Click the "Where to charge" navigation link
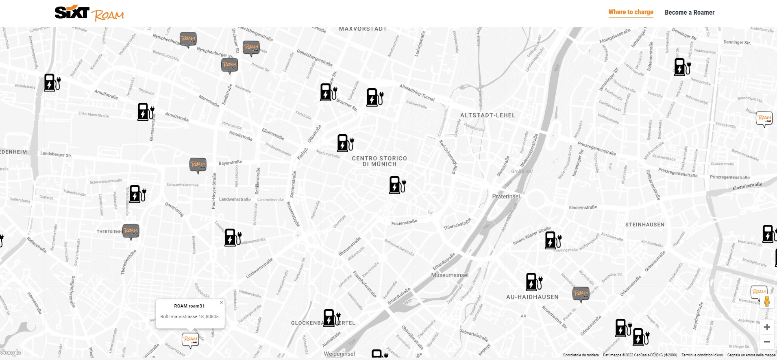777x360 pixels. coord(631,12)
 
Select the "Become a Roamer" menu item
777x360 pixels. coord(689,13)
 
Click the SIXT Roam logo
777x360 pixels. coord(89,13)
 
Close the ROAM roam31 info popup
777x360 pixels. coord(221,302)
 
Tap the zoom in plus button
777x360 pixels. coord(767,327)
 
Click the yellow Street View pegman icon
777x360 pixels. coord(767,301)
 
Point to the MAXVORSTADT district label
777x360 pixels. coord(363,29)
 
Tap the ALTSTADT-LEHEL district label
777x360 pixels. coord(488,116)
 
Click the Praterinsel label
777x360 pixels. coord(506,196)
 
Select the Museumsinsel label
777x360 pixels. coord(450,275)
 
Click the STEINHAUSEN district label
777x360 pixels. coord(645,225)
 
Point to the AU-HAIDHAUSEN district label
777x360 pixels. coord(532,297)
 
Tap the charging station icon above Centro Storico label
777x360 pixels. coord(345,143)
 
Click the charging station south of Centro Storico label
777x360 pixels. coord(397,185)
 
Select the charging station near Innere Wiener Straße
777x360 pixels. coord(553,240)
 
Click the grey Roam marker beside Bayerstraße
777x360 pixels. coord(198,165)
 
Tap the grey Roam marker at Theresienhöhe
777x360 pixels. coord(131,231)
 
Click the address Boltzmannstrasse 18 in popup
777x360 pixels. coord(189,316)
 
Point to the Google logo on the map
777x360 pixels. coord(11,353)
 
